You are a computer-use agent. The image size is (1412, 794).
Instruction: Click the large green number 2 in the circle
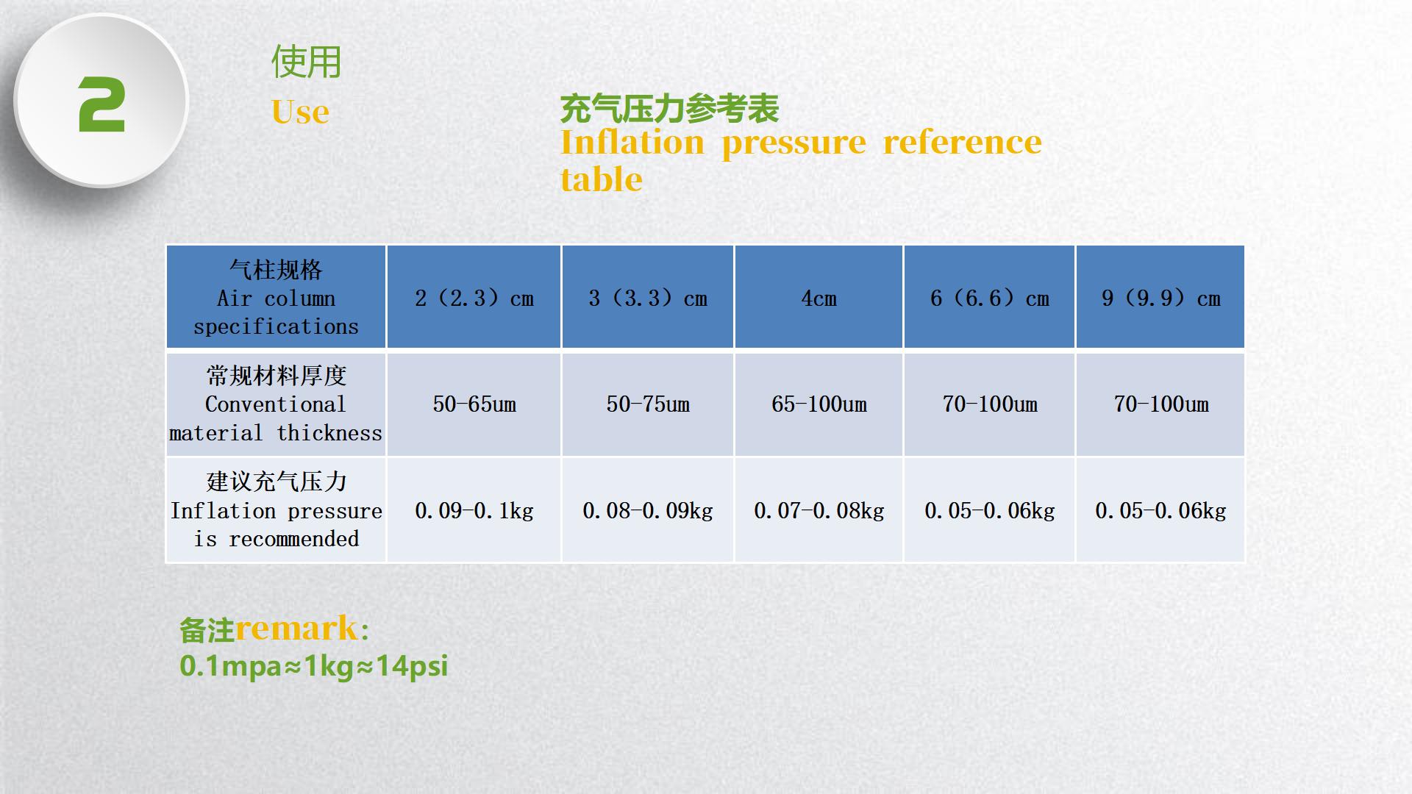click(101, 105)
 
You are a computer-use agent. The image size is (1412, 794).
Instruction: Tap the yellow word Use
click(300, 112)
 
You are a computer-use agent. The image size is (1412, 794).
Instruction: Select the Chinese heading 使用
click(306, 62)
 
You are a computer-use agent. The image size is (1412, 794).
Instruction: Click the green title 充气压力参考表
click(669, 109)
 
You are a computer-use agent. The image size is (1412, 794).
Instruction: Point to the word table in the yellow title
click(602, 179)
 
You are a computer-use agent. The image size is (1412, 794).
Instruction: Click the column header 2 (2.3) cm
click(474, 298)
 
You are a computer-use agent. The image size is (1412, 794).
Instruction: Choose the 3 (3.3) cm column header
click(648, 298)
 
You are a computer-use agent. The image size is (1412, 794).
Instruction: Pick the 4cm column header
click(819, 298)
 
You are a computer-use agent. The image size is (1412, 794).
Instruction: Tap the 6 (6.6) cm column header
click(990, 298)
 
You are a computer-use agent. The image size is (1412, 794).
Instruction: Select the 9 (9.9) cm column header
click(1161, 298)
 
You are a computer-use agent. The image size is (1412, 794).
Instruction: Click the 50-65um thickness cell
click(474, 404)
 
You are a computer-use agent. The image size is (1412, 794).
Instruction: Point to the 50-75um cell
click(648, 404)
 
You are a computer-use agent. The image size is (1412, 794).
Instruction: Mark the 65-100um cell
click(819, 404)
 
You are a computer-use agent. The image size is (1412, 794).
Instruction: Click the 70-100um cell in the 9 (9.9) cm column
click(1161, 404)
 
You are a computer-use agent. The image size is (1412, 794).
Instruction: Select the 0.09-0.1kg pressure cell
click(474, 511)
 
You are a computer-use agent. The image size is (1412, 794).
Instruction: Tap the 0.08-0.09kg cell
click(648, 511)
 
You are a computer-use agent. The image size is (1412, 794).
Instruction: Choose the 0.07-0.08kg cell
click(819, 511)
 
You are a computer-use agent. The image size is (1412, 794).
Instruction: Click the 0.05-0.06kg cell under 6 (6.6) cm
click(990, 511)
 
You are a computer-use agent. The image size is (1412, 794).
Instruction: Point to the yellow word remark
click(296, 629)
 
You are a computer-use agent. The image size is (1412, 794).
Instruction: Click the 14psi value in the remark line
click(412, 666)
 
